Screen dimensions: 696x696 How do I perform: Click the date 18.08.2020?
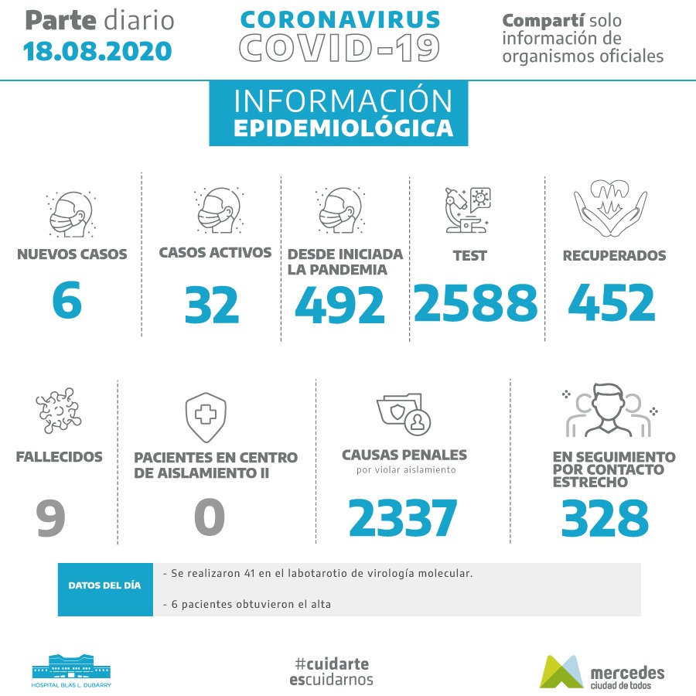tap(97, 51)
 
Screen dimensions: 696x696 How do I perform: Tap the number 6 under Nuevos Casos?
tap(67, 300)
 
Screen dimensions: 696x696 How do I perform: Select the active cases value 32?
tap(212, 305)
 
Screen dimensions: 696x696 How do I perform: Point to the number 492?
tap(339, 305)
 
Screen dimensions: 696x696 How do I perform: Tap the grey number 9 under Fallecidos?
tap(50, 517)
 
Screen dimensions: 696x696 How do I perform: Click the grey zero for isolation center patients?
tap(209, 517)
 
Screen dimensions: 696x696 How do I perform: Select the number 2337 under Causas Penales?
tap(403, 517)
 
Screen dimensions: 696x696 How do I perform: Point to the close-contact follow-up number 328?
tap(605, 517)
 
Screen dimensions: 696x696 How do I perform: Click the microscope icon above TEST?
tap(469, 210)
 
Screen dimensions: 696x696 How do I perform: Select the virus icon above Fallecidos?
tap(58, 411)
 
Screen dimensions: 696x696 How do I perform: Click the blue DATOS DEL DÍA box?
tap(105, 585)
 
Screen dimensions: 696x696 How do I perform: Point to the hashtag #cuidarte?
tap(332, 664)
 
